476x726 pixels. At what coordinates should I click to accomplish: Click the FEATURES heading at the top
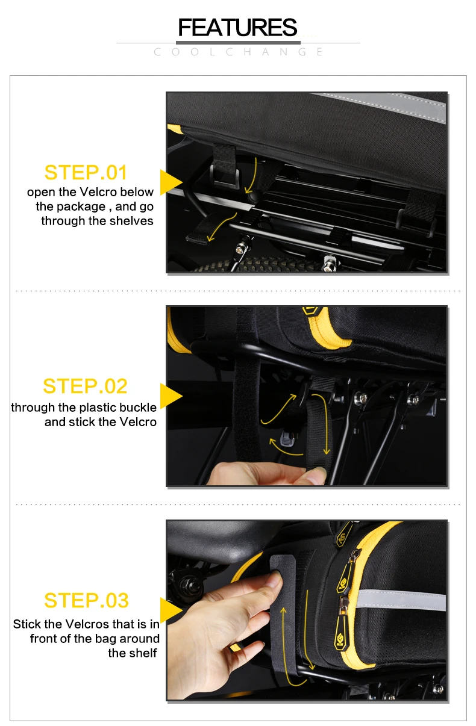click(237, 28)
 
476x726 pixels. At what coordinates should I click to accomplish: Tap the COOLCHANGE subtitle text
click(239, 52)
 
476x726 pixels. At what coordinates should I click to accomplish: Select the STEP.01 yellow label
click(86, 172)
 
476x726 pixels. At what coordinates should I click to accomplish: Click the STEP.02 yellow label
click(85, 386)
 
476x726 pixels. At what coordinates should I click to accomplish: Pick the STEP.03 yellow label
click(86, 600)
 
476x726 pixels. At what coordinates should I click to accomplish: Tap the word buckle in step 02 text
click(138, 408)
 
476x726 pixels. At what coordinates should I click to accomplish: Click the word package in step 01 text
click(80, 206)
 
